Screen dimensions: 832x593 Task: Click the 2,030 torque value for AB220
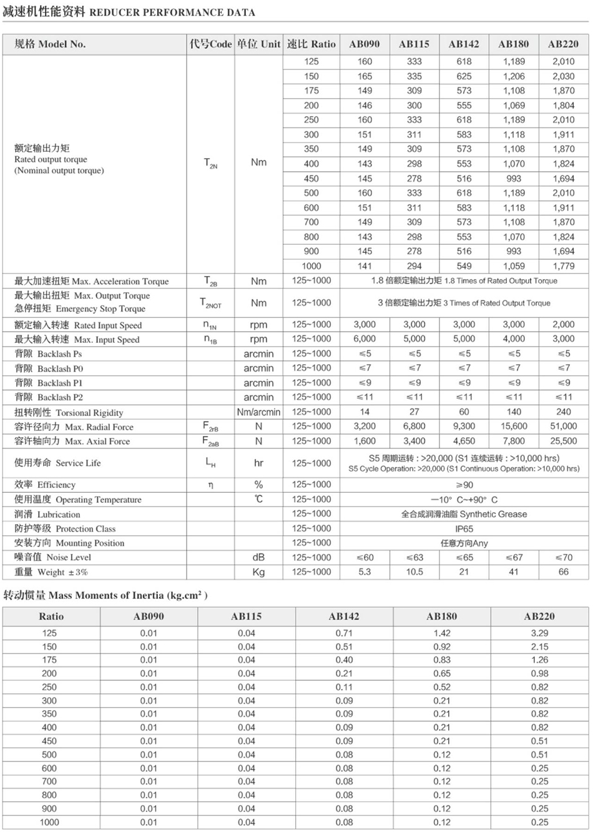563,76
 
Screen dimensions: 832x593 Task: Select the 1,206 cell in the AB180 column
514,76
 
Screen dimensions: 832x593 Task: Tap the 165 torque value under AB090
365,76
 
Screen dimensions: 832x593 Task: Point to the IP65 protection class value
464,528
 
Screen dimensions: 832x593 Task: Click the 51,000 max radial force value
563,426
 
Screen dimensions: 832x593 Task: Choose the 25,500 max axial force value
563,441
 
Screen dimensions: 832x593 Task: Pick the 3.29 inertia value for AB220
539,633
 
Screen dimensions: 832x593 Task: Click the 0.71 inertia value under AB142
344,633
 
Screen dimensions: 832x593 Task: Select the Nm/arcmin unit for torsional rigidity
258,412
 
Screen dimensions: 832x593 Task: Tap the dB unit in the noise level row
258,557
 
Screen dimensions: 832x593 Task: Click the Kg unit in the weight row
258,572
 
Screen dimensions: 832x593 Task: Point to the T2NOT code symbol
211,303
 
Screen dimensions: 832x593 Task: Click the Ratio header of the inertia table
51,616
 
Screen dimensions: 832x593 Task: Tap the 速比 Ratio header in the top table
311,44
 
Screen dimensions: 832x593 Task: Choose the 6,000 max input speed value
365,339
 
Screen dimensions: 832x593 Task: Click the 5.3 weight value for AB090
365,572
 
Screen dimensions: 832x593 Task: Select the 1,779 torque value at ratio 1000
563,266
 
